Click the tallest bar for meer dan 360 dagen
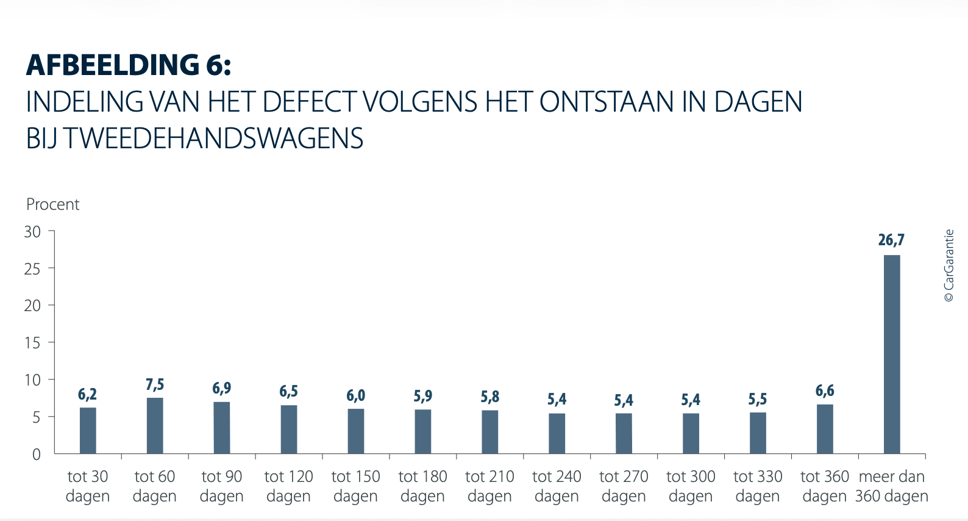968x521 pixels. click(892, 354)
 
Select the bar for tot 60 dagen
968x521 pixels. click(155, 426)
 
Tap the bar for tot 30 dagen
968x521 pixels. click(88, 431)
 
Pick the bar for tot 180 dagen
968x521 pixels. click(423, 431)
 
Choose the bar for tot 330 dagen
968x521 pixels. click(758, 433)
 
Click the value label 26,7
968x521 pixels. click(891, 240)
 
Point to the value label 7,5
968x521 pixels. click(155, 384)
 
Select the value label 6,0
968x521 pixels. click(356, 395)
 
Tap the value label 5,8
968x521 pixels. click(490, 397)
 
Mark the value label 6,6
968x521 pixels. click(825, 390)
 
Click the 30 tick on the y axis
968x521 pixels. click(32, 232)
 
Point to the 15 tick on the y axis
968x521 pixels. click(32, 343)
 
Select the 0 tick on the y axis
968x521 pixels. click(37, 455)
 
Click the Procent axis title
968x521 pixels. click(53, 204)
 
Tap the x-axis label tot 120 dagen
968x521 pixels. click(289, 486)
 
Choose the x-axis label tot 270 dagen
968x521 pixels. click(624, 486)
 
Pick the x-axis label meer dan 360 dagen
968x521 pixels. click(892, 486)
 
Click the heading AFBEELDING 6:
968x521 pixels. click(129, 65)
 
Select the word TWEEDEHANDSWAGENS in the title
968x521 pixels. click(213, 138)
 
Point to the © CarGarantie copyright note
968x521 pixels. click(949, 265)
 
